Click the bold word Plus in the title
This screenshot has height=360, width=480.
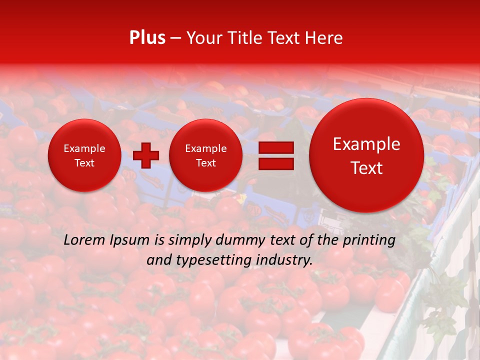(x=147, y=37)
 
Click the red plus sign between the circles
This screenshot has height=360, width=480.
(x=145, y=155)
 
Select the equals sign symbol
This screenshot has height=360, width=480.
(x=275, y=155)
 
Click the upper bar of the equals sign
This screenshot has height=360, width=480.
(x=275, y=147)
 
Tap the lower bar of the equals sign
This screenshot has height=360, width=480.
(x=275, y=163)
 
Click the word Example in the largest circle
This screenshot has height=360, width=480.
(x=366, y=144)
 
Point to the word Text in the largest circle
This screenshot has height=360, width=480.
(x=366, y=168)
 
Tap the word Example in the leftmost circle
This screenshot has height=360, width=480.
(x=84, y=148)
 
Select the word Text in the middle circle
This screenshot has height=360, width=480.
(x=205, y=163)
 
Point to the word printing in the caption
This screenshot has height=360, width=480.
(x=369, y=240)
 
